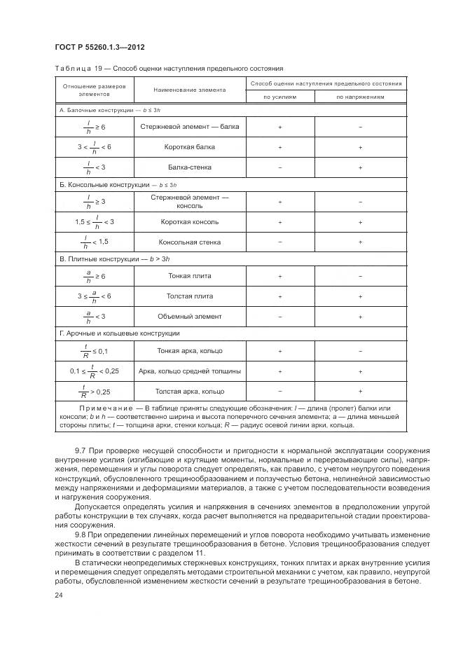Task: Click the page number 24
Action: [59, 595]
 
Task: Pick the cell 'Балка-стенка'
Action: [190, 167]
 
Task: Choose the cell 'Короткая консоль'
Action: [190, 221]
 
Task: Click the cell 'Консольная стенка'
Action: [190, 242]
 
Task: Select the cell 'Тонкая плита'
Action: [190, 276]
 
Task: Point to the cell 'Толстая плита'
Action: [190, 296]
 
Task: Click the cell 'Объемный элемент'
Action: [190, 317]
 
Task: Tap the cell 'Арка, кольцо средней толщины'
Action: [190, 371]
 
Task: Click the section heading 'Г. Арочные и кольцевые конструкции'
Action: [119, 333]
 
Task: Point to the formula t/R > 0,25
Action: [94, 392]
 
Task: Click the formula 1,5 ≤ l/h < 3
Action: [94, 222]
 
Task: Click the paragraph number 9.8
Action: [81, 535]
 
